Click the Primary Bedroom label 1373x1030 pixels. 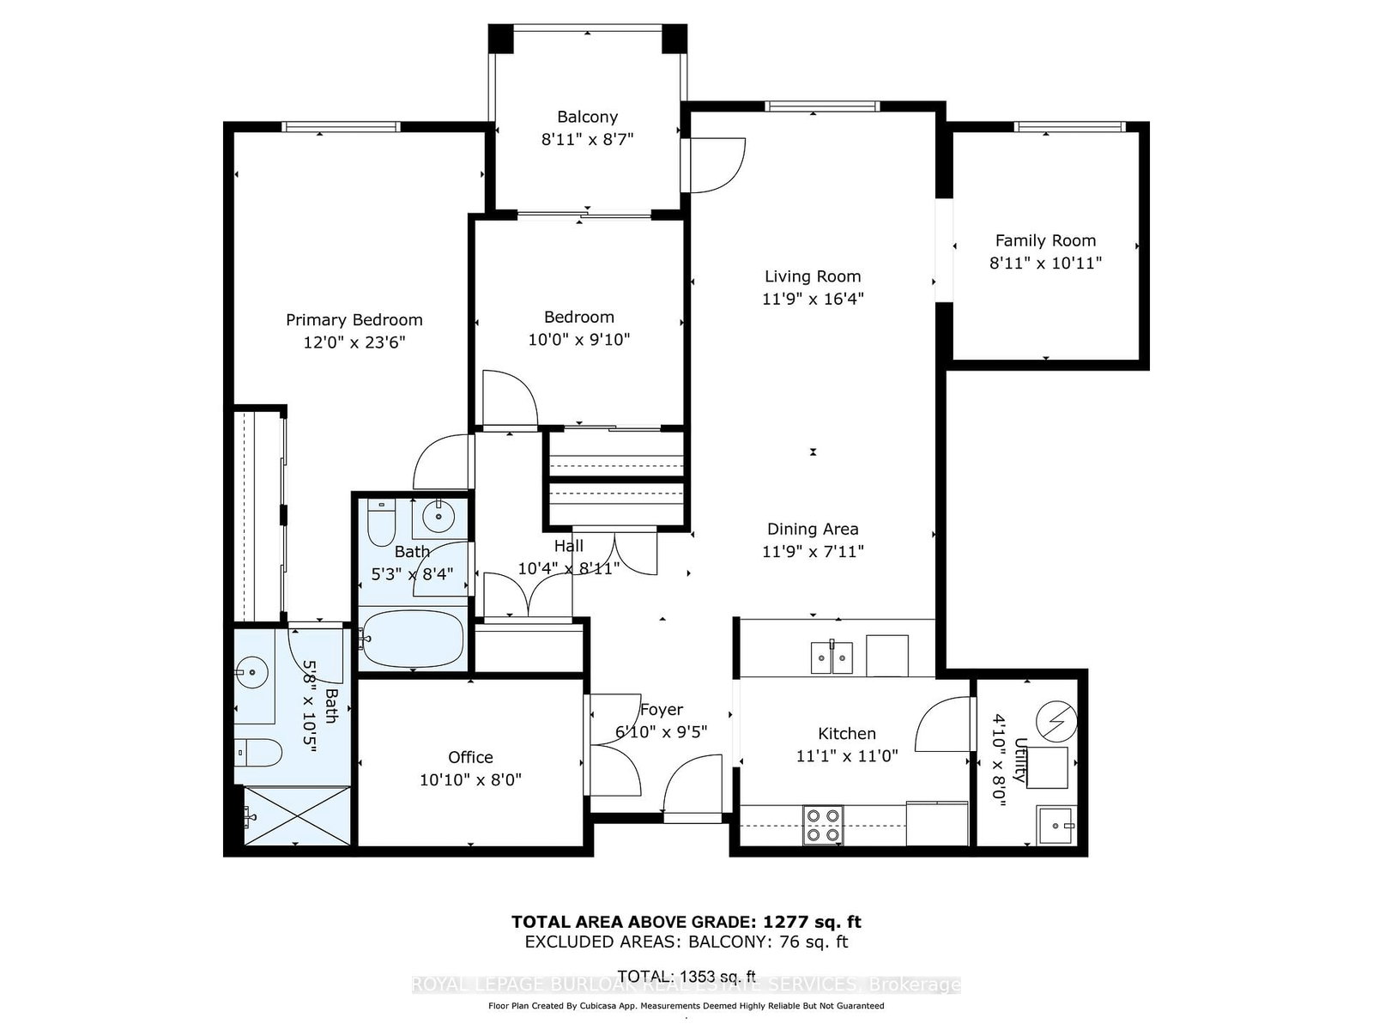tap(354, 320)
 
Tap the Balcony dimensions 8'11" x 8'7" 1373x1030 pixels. tap(587, 139)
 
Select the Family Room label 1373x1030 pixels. tap(1045, 241)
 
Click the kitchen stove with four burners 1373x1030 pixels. tap(823, 825)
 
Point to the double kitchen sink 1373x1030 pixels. tap(832, 657)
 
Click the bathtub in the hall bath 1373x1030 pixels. tap(413, 639)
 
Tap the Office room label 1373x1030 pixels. tap(470, 757)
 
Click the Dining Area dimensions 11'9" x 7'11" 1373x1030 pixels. tap(813, 552)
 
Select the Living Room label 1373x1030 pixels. tap(813, 276)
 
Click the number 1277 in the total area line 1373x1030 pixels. tap(782, 922)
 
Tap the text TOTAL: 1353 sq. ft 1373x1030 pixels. tap(686, 976)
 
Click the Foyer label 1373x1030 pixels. tap(661, 710)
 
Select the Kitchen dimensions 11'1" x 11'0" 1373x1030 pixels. tap(846, 756)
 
